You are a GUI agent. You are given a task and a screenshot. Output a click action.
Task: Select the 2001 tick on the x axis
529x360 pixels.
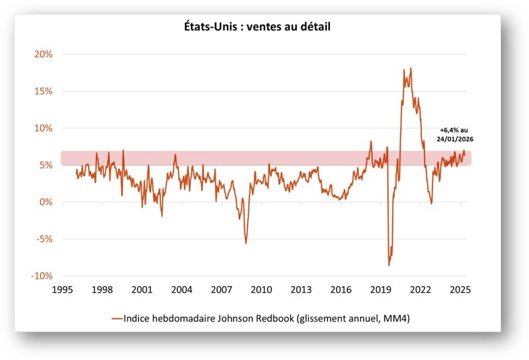click(x=141, y=290)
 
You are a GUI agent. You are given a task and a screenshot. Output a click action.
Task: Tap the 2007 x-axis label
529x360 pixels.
click(x=221, y=290)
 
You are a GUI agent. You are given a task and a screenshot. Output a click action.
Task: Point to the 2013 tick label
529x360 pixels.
click(x=301, y=290)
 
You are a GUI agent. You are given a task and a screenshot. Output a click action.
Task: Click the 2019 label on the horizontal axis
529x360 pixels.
click(x=381, y=290)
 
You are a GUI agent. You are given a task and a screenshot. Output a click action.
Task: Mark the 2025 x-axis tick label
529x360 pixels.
click(x=460, y=290)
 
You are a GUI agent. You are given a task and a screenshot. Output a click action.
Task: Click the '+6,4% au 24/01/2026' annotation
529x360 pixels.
click(x=456, y=135)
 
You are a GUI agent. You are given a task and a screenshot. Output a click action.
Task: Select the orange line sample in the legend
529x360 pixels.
click(x=119, y=319)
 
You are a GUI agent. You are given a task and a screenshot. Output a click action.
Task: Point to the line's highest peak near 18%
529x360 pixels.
click(x=411, y=68)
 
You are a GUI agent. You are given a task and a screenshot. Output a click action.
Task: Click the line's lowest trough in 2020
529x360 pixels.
click(x=389, y=266)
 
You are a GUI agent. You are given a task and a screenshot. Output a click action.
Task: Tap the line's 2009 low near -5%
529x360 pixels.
click(x=246, y=243)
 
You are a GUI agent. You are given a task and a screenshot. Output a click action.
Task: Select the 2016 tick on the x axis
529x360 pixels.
click(x=341, y=290)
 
